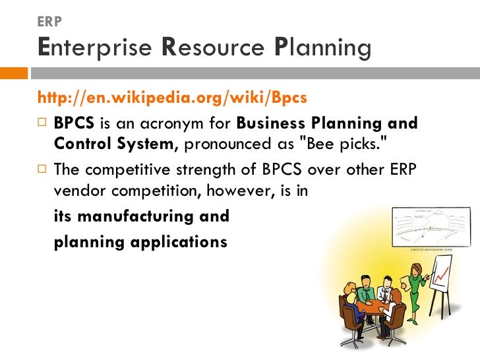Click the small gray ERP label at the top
point(50,22)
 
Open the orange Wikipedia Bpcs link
point(173,98)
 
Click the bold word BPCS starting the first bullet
point(74,123)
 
